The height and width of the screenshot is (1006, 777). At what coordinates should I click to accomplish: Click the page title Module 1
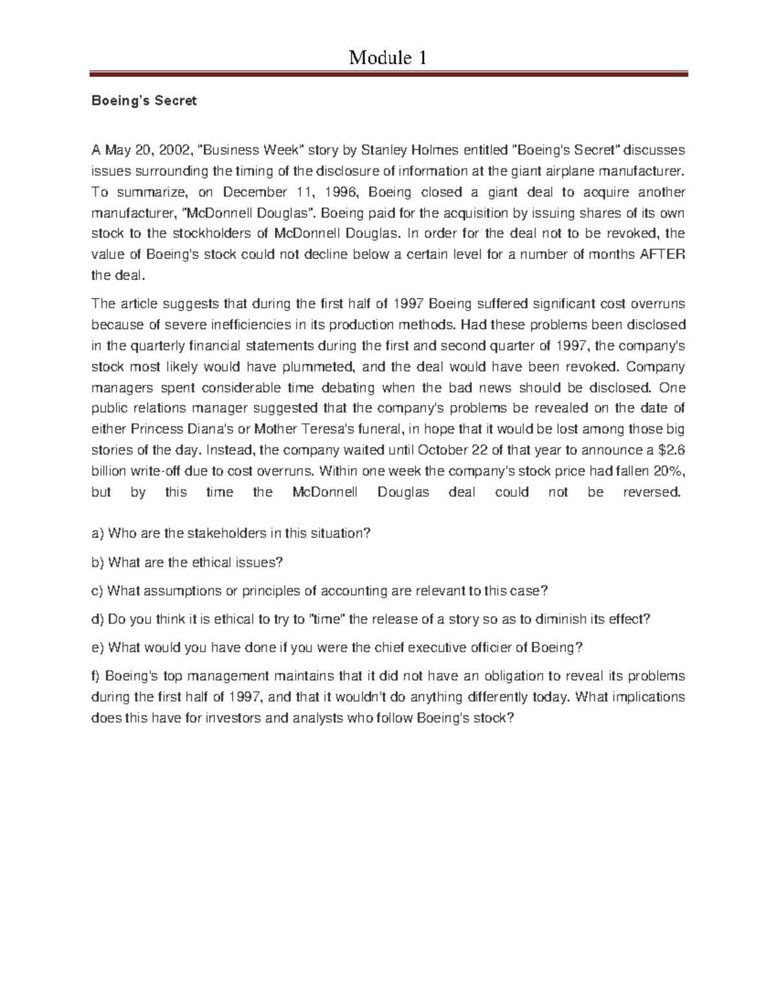tap(388, 58)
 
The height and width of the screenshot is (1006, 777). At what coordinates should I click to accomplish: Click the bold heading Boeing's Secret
tap(144, 101)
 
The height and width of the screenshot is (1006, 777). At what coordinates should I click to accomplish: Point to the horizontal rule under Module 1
tap(388, 75)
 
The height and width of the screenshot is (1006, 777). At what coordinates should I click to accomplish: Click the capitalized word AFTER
tap(662, 255)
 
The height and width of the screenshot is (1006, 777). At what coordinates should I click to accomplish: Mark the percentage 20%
tap(668, 471)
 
